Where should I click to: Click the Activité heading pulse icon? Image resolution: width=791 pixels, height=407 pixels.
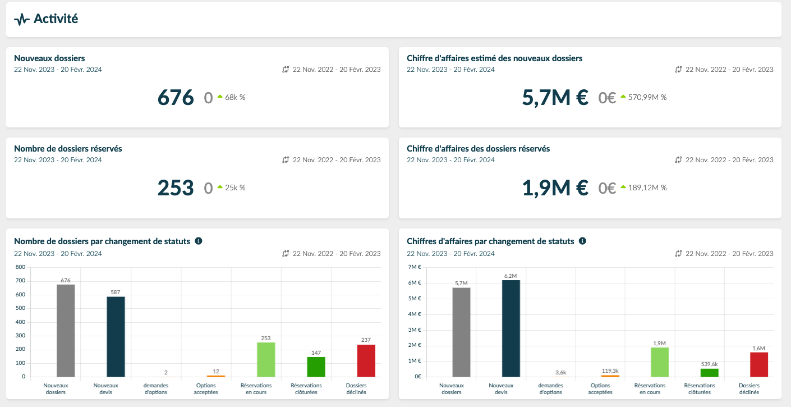coord(21,20)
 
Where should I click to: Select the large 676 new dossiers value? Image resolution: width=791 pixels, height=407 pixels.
coord(176,98)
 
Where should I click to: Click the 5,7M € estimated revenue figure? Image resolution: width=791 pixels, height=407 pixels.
coord(555,98)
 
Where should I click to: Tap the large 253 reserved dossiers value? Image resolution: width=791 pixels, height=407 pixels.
coord(176,188)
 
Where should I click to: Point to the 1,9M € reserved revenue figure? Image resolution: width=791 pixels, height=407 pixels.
coord(555,188)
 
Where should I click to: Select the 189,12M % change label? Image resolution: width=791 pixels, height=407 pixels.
coord(644,188)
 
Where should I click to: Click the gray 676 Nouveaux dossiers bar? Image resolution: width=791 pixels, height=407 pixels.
coord(66,331)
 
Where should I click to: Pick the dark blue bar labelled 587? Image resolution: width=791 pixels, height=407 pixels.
coord(116,337)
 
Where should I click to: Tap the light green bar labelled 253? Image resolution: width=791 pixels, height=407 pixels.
coord(266,360)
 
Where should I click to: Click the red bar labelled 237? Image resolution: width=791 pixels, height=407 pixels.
coord(366,361)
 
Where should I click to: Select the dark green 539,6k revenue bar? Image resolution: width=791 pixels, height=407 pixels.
coord(710,373)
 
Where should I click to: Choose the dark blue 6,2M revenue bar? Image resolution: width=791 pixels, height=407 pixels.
coord(511,328)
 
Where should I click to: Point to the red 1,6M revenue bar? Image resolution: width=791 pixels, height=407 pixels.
coord(759,364)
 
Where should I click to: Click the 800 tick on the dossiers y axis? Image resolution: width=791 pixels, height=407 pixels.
coord(21,267)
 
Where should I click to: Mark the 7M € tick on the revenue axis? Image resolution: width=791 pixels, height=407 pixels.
coord(415,267)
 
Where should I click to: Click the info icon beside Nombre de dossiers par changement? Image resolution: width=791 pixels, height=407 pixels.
coord(199,241)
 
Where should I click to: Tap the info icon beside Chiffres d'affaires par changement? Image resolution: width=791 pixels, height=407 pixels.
coord(583,241)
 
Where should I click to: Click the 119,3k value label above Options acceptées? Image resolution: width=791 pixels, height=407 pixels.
coord(610,371)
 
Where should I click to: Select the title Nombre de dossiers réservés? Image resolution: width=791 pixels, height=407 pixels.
coord(68,149)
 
